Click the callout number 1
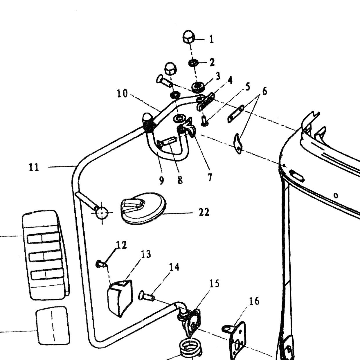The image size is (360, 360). (211, 39)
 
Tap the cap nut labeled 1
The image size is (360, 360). (188, 37)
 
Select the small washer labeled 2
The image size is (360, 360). (193, 63)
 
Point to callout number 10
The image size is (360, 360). (122, 93)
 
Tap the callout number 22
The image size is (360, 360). (204, 212)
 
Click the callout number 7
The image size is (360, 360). (210, 177)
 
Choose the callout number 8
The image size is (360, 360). (180, 180)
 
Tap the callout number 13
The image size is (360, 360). (146, 254)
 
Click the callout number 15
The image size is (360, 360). (214, 284)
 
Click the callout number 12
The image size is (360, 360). (121, 245)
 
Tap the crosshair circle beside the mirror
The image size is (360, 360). (102, 213)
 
